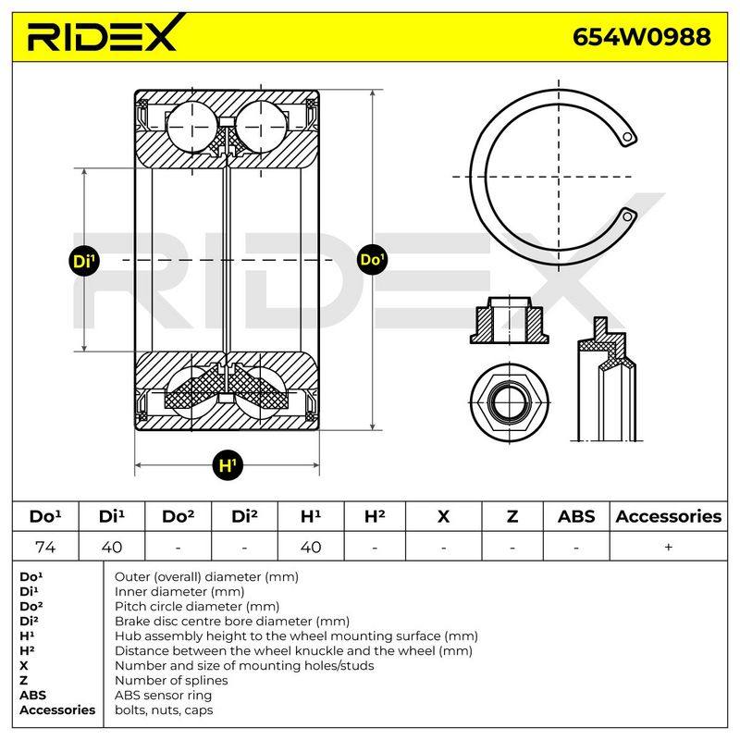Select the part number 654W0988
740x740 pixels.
pos(641,37)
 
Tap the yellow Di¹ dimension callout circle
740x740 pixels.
pos(84,261)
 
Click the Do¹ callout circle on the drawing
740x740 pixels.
pos(372,259)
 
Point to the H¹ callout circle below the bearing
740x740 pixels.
pos(228,465)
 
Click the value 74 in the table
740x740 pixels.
pos(45,547)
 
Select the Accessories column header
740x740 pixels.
pos(668,516)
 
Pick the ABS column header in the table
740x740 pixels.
pos(576,516)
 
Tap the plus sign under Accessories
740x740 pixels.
pos(668,547)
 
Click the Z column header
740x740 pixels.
pos(512,516)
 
